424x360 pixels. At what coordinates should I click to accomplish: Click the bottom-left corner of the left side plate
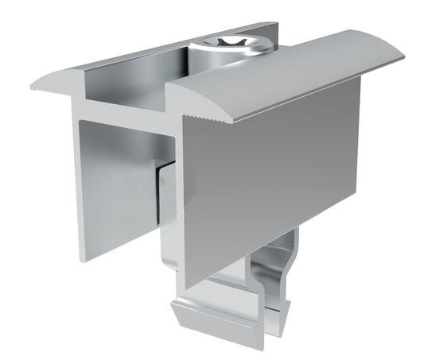tap(83, 259)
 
